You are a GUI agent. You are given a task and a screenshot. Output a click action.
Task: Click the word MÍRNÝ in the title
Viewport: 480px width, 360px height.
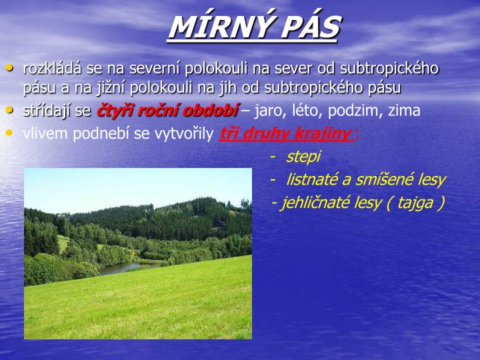(212, 28)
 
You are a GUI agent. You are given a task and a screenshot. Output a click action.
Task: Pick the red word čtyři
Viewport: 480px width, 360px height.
(114, 111)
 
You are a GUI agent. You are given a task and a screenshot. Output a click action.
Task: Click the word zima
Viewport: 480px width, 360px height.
(404, 111)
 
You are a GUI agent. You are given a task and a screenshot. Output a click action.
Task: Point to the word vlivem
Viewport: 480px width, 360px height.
(45, 133)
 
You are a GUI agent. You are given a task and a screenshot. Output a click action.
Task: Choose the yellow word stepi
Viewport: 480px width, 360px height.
(303, 157)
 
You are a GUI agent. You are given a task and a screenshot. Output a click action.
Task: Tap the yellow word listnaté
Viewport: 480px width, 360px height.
(312, 179)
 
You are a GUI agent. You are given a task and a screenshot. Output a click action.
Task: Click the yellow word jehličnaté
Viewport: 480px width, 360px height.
(315, 202)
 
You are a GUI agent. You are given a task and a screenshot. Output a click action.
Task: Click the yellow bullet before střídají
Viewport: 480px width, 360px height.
(9, 109)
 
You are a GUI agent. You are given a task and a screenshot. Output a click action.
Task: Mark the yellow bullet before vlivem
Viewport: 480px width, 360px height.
(9, 132)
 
